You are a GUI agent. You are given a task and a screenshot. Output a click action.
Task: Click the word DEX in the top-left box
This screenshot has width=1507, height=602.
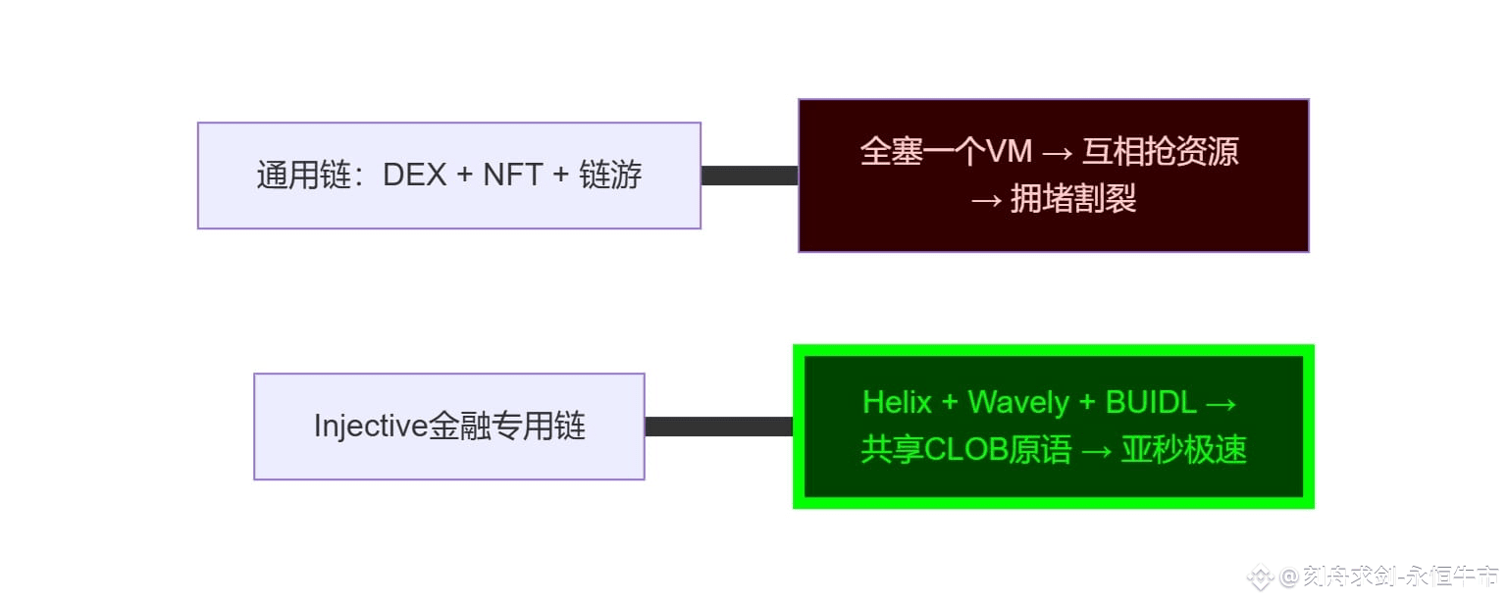414,176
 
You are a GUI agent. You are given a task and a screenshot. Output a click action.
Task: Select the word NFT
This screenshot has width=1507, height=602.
513,176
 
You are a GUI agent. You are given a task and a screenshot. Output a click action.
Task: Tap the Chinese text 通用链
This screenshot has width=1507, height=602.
304,176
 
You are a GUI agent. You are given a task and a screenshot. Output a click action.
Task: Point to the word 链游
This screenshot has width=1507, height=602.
610,176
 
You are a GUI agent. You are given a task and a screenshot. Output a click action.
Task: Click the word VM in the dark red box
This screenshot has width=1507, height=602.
1009,151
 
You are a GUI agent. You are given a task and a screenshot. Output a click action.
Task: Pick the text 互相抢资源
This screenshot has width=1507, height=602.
1161,151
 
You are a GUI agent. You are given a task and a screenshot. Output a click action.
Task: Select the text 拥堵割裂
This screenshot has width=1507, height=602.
1073,199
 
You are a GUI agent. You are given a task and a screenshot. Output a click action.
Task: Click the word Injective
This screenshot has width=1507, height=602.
371,426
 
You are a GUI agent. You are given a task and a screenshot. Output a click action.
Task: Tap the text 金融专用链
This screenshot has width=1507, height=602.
506,426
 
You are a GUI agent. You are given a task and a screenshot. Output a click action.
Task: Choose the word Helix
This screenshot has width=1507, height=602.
897,402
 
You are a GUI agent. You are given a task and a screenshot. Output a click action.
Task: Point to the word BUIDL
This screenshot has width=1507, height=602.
1151,402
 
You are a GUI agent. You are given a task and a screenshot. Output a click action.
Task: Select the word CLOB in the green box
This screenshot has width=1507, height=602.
966,450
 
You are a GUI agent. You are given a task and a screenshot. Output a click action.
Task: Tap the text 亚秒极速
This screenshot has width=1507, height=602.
1184,450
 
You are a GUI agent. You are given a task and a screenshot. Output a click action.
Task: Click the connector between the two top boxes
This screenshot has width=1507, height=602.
750,176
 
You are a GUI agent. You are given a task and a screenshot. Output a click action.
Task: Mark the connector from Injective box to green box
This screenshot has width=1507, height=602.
718,426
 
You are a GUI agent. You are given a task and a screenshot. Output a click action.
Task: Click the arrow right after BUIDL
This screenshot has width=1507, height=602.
1221,404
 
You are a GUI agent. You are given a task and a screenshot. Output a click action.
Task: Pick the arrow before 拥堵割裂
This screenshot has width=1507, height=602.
986,200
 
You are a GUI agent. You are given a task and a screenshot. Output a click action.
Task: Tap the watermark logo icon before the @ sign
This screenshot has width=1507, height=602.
1260,577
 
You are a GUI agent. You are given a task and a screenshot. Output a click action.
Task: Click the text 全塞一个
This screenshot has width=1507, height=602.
922,151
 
